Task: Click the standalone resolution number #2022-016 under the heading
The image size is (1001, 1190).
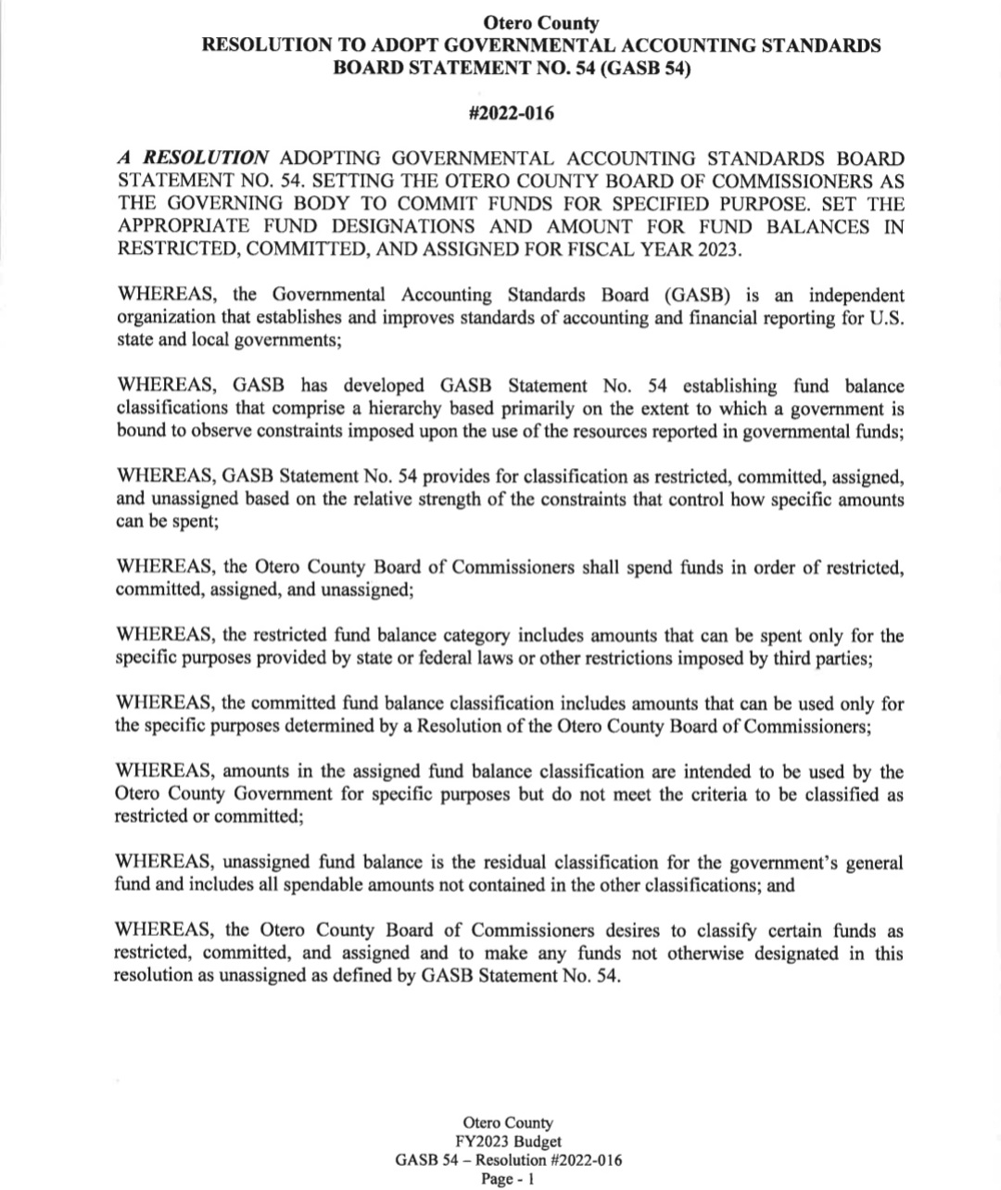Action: (512, 114)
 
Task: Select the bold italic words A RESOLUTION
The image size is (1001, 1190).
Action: (193, 158)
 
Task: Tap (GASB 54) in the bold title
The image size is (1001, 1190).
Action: (646, 68)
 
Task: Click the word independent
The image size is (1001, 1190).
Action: (855, 295)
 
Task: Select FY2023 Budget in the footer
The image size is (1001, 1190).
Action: (507, 1142)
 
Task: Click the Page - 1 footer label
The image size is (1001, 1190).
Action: (507, 1179)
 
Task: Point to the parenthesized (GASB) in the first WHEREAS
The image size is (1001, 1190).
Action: (696, 295)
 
